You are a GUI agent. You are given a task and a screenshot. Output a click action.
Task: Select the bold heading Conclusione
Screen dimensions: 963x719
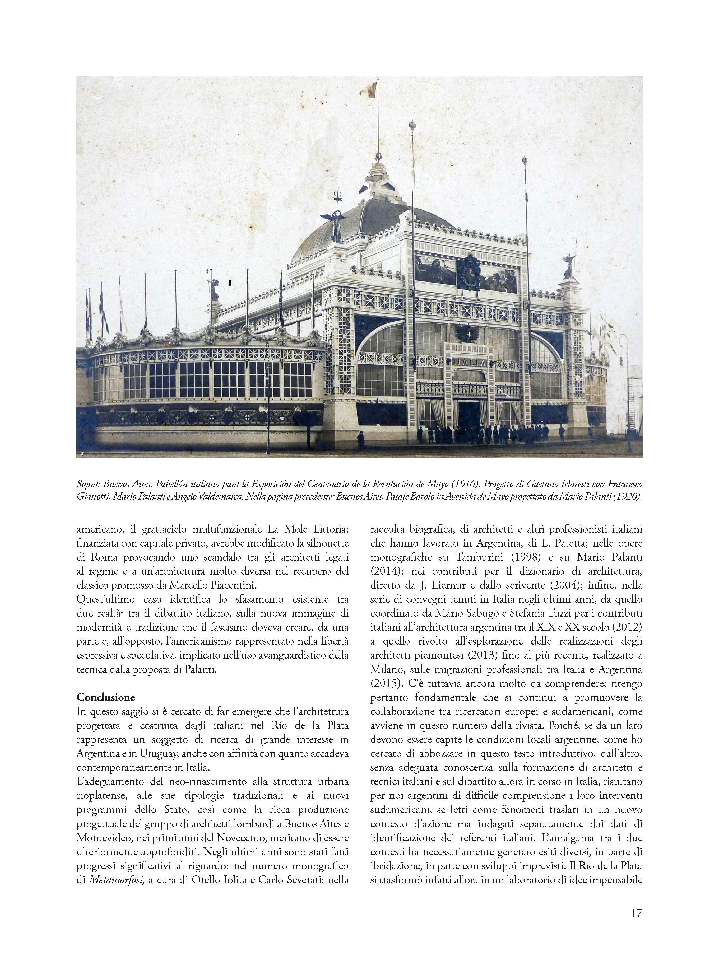[x=106, y=697]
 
